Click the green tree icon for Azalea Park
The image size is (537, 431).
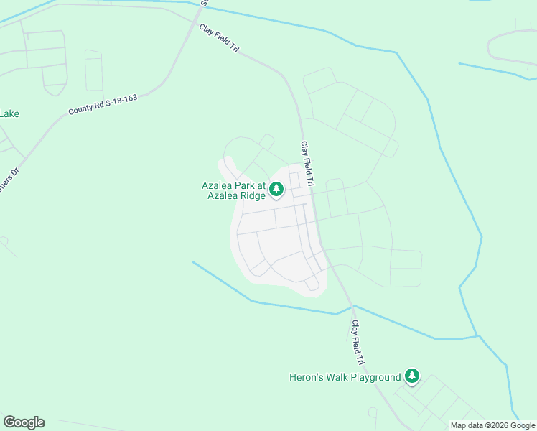[x=277, y=190]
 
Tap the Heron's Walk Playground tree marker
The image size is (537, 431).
[x=411, y=376]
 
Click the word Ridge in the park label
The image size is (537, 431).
[x=252, y=195]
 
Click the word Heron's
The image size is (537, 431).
[x=306, y=377]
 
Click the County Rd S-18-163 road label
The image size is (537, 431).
[x=103, y=104]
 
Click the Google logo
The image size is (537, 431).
[x=24, y=422]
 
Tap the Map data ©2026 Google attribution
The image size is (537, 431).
[x=492, y=425]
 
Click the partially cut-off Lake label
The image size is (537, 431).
[x=9, y=113]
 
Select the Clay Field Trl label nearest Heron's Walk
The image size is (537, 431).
[x=358, y=342]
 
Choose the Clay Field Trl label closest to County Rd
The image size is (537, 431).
[x=218, y=37]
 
